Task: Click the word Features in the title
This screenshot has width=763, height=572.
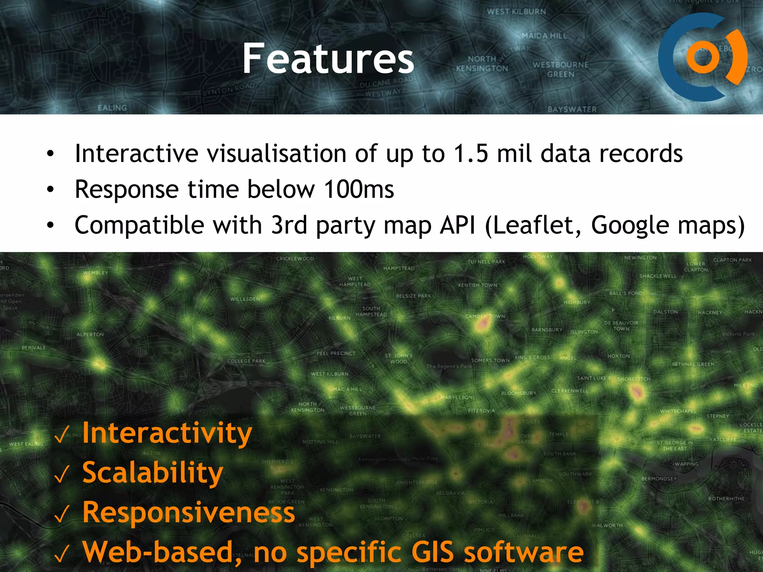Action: pyautogui.click(x=328, y=58)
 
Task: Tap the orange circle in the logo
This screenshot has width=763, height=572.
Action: pyautogui.click(x=703, y=57)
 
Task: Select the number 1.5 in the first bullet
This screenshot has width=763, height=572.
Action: pyautogui.click(x=471, y=153)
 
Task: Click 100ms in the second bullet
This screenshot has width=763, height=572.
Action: pyautogui.click(x=359, y=189)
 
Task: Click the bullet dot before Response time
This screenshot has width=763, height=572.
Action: pyautogui.click(x=50, y=190)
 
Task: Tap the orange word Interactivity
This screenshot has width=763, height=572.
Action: pyautogui.click(x=167, y=433)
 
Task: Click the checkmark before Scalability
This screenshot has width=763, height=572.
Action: pyautogui.click(x=62, y=474)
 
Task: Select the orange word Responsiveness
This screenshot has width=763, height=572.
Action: pyautogui.click(x=189, y=512)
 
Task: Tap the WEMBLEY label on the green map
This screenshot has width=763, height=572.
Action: pyautogui.click(x=95, y=273)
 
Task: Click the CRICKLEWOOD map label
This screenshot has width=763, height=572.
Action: pyautogui.click(x=295, y=258)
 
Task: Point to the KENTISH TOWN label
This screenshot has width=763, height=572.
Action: pyautogui.click(x=478, y=285)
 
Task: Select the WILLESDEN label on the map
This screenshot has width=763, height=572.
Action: pyautogui.click(x=245, y=299)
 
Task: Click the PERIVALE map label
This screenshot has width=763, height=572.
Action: pyautogui.click(x=34, y=348)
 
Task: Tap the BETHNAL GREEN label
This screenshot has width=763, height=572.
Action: pyautogui.click(x=693, y=364)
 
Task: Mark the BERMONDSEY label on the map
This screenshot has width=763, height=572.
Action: pyautogui.click(x=659, y=479)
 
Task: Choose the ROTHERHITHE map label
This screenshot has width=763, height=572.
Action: pyautogui.click(x=726, y=499)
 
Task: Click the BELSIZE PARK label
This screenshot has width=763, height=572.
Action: pyautogui.click(x=413, y=296)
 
